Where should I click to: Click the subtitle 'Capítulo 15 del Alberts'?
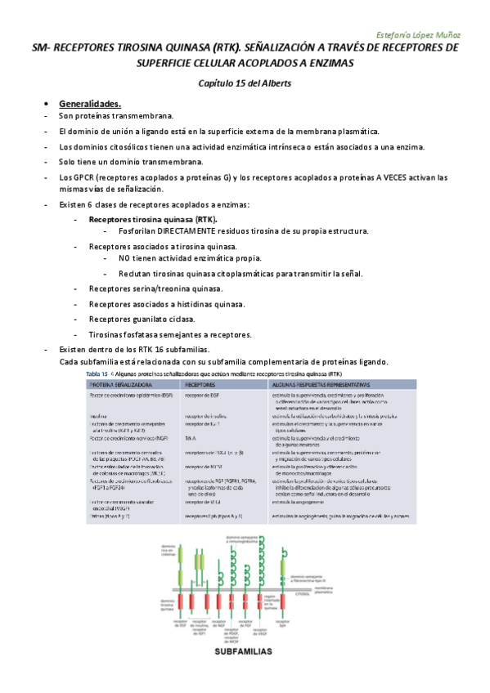click(245, 83)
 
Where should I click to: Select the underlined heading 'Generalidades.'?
click(90, 104)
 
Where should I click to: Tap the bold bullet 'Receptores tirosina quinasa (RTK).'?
click(153, 220)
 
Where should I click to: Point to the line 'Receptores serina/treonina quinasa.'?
click(156, 288)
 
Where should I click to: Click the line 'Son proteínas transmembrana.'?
click(116, 117)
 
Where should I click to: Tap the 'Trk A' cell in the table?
click(190, 437)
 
